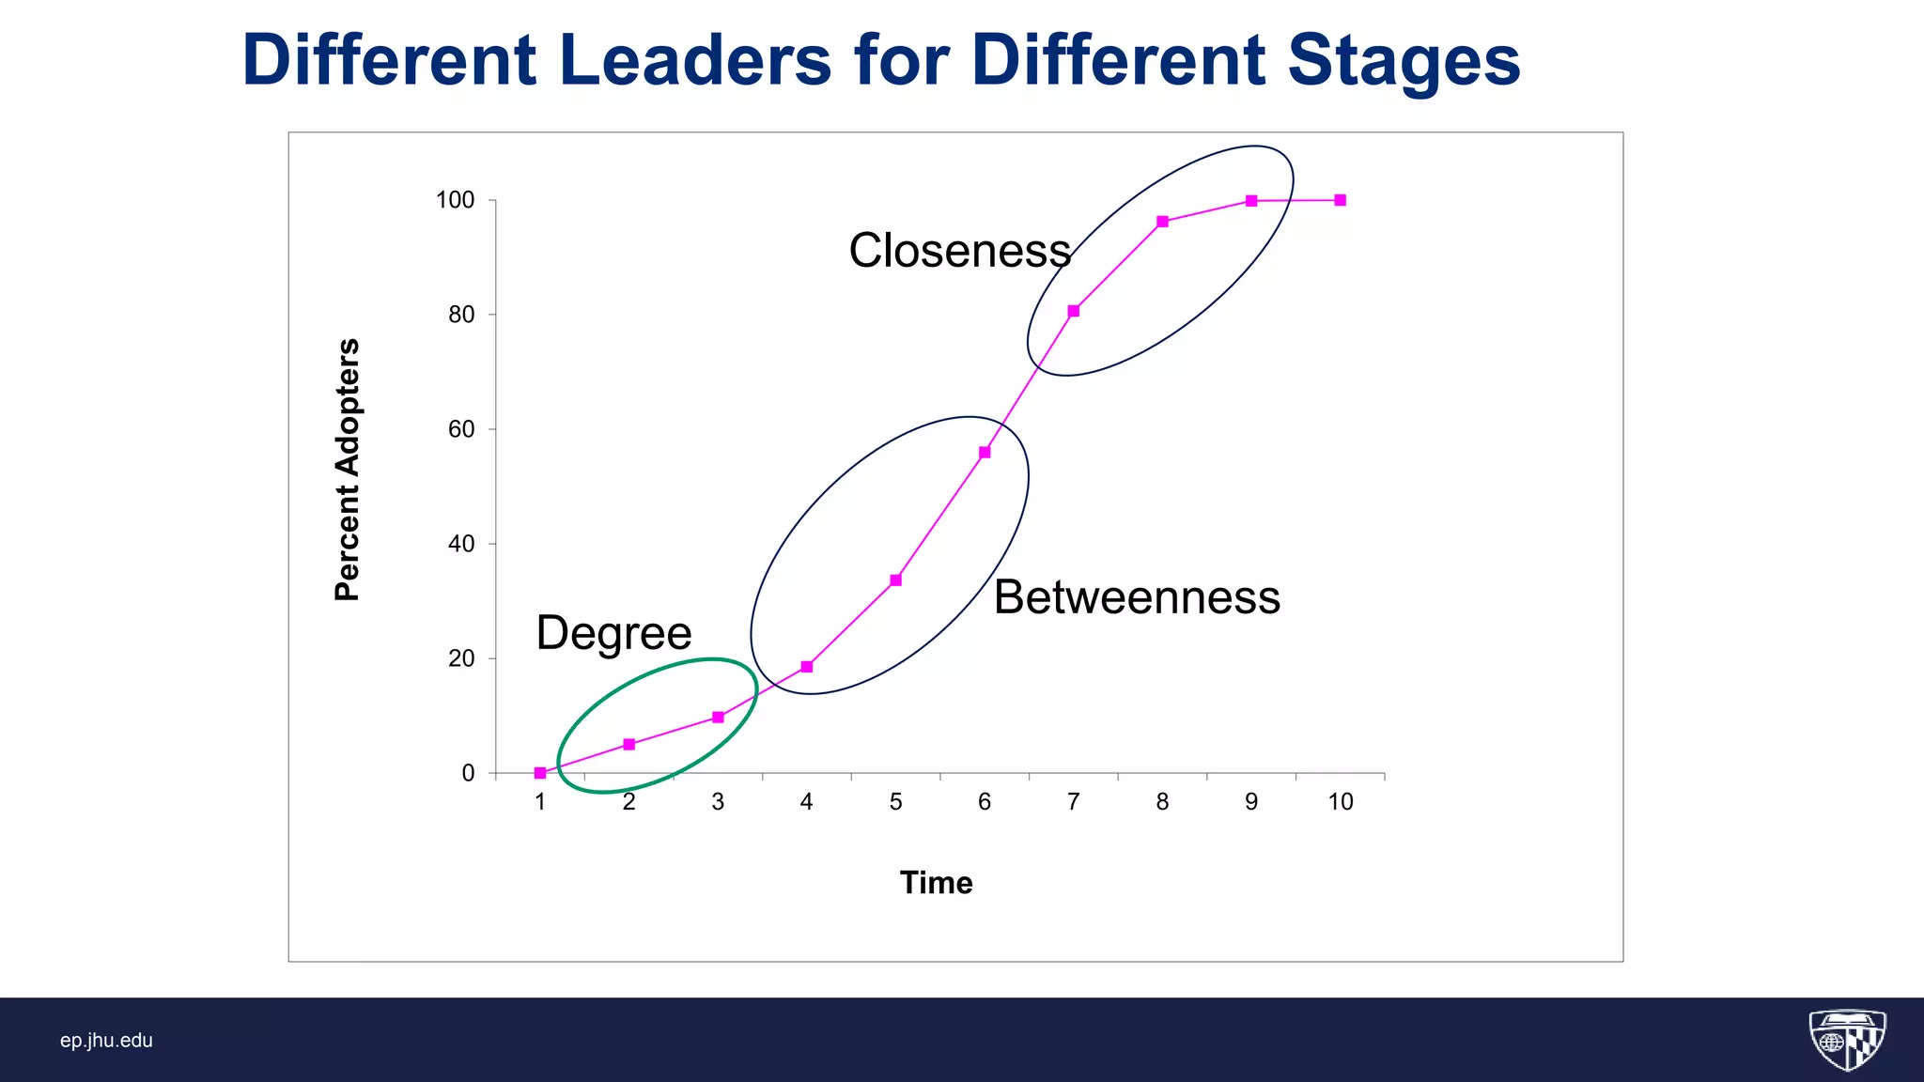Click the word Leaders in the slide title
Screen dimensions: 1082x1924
pyautogui.click(x=695, y=60)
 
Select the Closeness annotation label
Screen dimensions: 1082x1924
pyautogui.click(x=959, y=251)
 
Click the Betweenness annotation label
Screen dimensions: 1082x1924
pyautogui.click(x=1137, y=597)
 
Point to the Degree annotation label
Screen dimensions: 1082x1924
pyautogui.click(x=613, y=633)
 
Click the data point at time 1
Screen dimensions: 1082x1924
pyautogui.click(x=540, y=773)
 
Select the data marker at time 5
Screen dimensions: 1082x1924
pyautogui.click(x=895, y=580)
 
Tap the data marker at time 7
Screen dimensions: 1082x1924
pyautogui.click(x=1074, y=311)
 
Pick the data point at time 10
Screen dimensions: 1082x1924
pyautogui.click(x=1341, y=200)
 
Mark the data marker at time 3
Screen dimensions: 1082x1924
pyautogui.click(x=718, y=718)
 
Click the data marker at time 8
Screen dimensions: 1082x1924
pyautogui.click(x=1162, y=222)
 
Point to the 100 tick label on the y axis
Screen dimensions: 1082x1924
pyautogui.click(x=456, y=200)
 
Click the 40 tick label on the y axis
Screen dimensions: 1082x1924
pyautogui.click(x=461, y=544)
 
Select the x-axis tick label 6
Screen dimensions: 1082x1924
pyautogui.click(x=985, y=802)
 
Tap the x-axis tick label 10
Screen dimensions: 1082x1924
pyautogui.click(x=1341, y=802)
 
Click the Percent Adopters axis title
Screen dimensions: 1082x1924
pyautogui.click(x=348, y=470)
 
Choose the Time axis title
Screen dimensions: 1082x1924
pyautogui.click(x=936, y=883)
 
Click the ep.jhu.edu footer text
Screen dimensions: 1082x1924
pyautogui.click(x=106, y=1041)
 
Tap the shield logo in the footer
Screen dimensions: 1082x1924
pyautogui.click(x=1847, y=1040)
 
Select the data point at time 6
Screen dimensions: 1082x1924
pyautogui.click(x=985, y=453)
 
